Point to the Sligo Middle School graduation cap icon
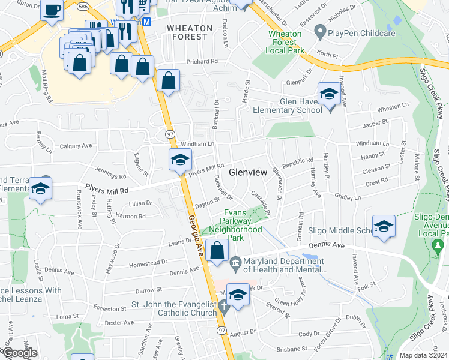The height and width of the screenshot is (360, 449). coord(384,227)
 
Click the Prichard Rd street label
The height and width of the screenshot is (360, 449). coord(201,61)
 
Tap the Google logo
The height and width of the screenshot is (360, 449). coord(19,353)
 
